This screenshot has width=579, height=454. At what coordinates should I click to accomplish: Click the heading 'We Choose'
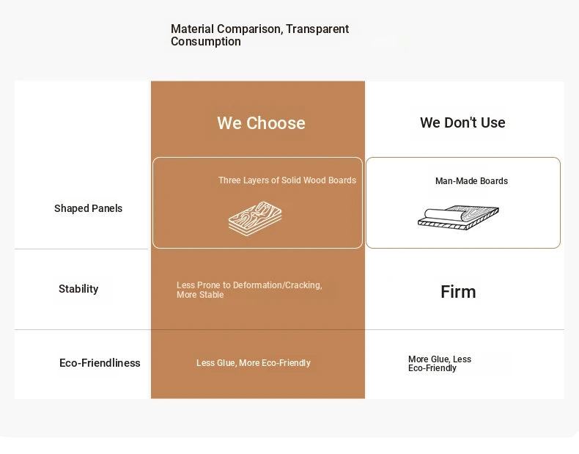point(261,123)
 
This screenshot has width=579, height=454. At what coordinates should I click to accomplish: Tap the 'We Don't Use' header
point(462,122)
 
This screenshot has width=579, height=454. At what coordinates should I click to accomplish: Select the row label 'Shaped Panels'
point(88,208)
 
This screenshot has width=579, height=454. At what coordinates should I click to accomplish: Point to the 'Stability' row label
point(78,289)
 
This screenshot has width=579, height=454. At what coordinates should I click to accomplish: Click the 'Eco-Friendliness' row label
point(100,363)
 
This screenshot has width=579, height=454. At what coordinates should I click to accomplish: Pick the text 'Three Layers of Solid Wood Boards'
point(287,180)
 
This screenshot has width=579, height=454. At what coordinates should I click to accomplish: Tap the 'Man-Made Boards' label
point(471,181)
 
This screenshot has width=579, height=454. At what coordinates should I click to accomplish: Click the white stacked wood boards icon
point(255,219)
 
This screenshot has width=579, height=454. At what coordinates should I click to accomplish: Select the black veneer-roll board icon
point(458,218)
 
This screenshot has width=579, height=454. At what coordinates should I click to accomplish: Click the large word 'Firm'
point(458,292)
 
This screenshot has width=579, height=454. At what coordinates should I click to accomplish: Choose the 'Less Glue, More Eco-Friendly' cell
point(254,363)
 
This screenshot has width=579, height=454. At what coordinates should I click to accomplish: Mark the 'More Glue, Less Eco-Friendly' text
point(440,364)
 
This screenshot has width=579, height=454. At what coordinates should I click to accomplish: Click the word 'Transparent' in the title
point(317,29)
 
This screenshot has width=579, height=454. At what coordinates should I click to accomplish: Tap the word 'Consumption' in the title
point(206,41)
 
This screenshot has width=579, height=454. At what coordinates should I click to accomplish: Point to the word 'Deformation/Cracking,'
point(278,285)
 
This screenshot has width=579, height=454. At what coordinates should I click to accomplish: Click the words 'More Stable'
point(200,295)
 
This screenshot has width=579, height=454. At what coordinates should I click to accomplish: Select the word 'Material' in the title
point(192,29)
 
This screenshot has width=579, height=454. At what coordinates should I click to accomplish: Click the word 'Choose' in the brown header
point(276,123)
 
